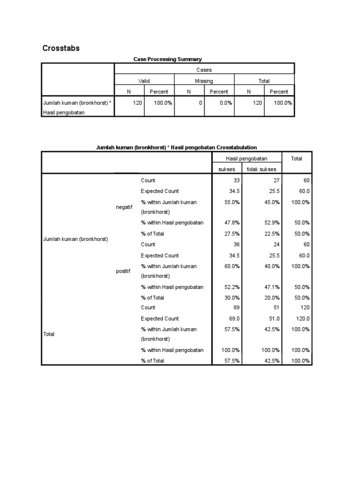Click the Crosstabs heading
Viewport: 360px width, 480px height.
point(61,48)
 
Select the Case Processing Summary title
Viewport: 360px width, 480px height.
point(167,59)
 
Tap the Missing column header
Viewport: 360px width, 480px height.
point(204,81)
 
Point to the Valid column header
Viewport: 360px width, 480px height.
point(144,81)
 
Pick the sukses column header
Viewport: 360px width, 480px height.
point(227,169)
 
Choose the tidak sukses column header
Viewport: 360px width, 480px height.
point(261,169)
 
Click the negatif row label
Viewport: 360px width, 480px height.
point(124,207)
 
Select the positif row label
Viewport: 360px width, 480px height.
point(124,271)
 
